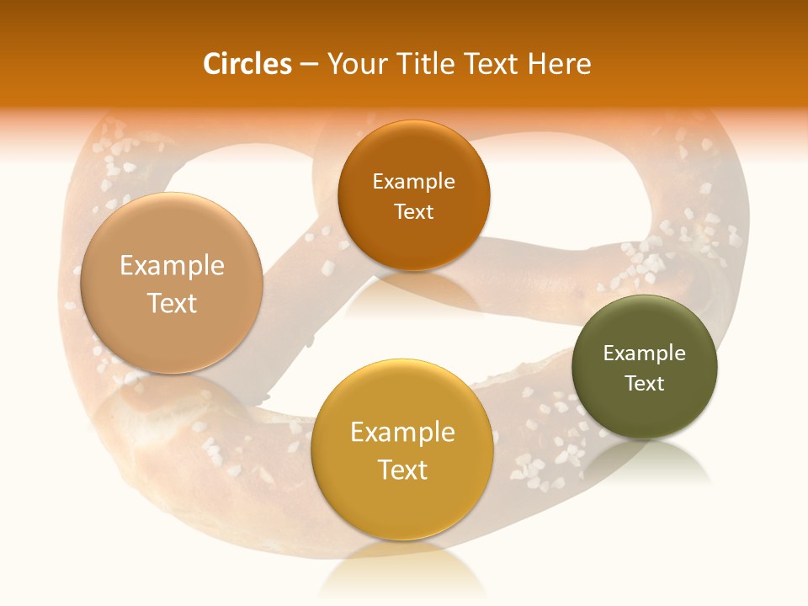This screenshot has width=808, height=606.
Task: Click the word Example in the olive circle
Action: tap(644, 353)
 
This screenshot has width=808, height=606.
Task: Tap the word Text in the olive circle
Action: tap(644, 383)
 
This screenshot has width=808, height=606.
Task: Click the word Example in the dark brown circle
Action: tap(413, 181)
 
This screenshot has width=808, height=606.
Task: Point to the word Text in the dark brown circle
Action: tap(413, 211)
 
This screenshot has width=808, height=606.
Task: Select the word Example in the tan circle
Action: tap(172, 266)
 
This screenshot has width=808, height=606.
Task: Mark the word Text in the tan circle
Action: tap(172, 303)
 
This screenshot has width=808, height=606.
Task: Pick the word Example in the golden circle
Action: tap(402, 433)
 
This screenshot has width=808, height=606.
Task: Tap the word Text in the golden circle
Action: tap(402, 470)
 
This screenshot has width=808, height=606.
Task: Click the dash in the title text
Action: tap(309, 65)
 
